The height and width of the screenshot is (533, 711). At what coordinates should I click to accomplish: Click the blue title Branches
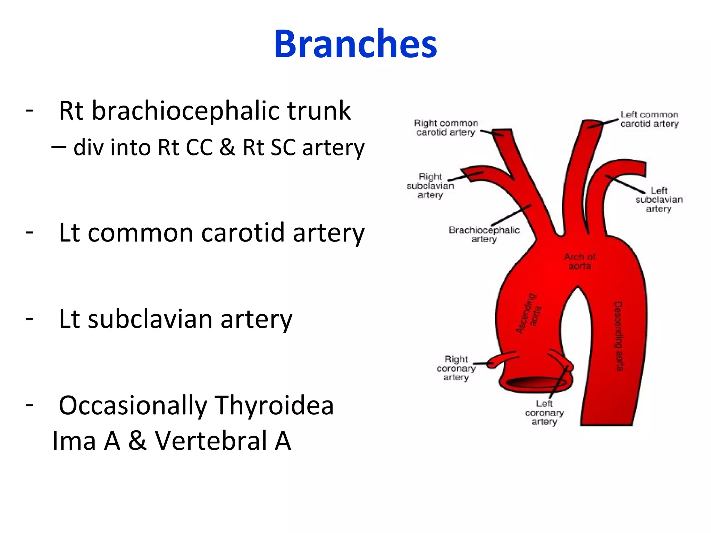coord(355,44)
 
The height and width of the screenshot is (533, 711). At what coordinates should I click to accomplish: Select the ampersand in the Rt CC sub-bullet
coord(227,147)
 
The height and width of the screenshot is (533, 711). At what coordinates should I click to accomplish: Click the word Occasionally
coord(133,405)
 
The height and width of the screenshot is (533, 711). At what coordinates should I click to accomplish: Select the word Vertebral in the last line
coord(210,441)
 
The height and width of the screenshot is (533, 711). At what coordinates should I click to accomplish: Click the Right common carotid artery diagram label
coord(446,128)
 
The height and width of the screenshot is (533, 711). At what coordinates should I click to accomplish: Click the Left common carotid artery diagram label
coord(649,119)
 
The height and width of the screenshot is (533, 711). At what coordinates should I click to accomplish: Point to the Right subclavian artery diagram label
coord(430,186)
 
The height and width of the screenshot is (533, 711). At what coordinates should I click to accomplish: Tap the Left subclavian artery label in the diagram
coord(659,200)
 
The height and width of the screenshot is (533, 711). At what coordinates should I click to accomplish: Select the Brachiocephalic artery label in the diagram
coord(484,234)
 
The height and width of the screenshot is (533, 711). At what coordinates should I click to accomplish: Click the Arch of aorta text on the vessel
coord(579,261)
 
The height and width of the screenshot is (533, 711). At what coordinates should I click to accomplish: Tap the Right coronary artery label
coord(456,368)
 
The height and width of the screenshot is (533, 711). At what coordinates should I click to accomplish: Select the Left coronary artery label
coord(544,413)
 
